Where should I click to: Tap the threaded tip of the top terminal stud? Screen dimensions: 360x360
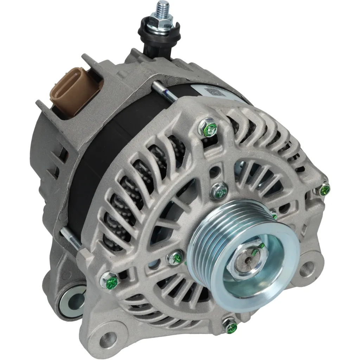(163, 7)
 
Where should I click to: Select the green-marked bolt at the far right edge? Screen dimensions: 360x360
(324, 190)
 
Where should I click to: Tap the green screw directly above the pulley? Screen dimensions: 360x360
(219, 191)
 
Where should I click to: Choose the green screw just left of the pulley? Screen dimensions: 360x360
(175, 258)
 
